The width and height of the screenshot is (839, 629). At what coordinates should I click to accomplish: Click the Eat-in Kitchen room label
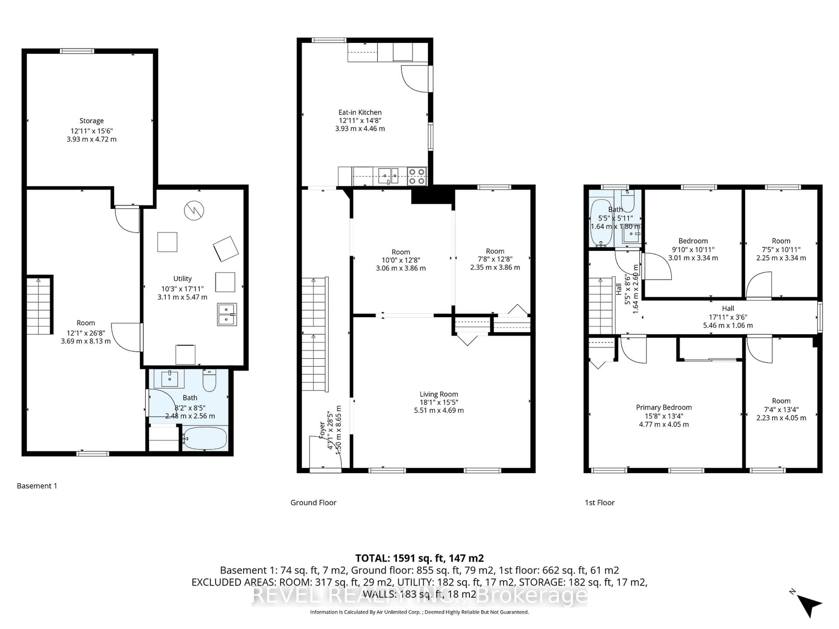point(360,112)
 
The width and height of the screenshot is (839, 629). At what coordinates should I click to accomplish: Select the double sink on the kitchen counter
point(388,176)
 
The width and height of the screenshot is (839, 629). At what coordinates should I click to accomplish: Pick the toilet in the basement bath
point(209,381)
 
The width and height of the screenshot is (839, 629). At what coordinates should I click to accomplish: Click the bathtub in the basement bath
point(205,438)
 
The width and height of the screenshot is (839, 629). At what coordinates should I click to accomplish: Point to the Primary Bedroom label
point(664,407)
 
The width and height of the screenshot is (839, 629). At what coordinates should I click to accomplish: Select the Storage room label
point(91,121)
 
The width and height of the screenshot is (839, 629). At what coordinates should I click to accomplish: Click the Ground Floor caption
point(313,502)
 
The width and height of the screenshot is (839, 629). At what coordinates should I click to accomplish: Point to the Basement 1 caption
point(37,486)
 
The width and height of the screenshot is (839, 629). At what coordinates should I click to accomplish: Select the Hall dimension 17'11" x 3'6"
point(728,317)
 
